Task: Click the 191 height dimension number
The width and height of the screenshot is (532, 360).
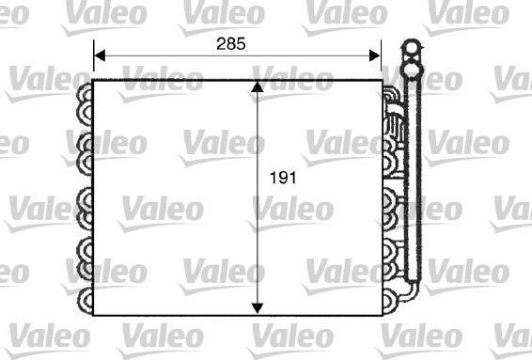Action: coord(282,177)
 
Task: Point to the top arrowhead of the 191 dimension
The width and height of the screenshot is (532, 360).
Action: coord(257,88)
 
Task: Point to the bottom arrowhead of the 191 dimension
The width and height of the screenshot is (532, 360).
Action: coord(257,307)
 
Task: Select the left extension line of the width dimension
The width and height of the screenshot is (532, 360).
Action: coord(94,61)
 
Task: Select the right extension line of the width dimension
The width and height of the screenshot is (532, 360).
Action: coord(382,61)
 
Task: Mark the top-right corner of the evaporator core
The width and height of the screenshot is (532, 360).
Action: coord(382,82)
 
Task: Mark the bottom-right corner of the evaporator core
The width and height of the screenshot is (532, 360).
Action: coord(382,315)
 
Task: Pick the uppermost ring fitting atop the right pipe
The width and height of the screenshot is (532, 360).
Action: coord(410,47)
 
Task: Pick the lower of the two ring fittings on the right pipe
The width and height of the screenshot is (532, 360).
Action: coord(410,68)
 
